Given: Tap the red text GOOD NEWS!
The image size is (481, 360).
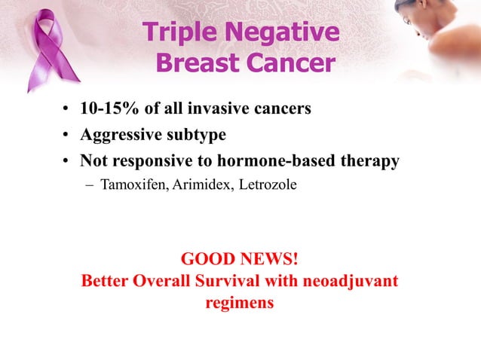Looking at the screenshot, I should pos(240,260).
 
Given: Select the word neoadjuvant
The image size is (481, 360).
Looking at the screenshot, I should pos(349,282).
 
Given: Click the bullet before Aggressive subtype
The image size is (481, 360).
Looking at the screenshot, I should pos(66,136).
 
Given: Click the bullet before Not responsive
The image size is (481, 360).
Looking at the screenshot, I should pos(66,161).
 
